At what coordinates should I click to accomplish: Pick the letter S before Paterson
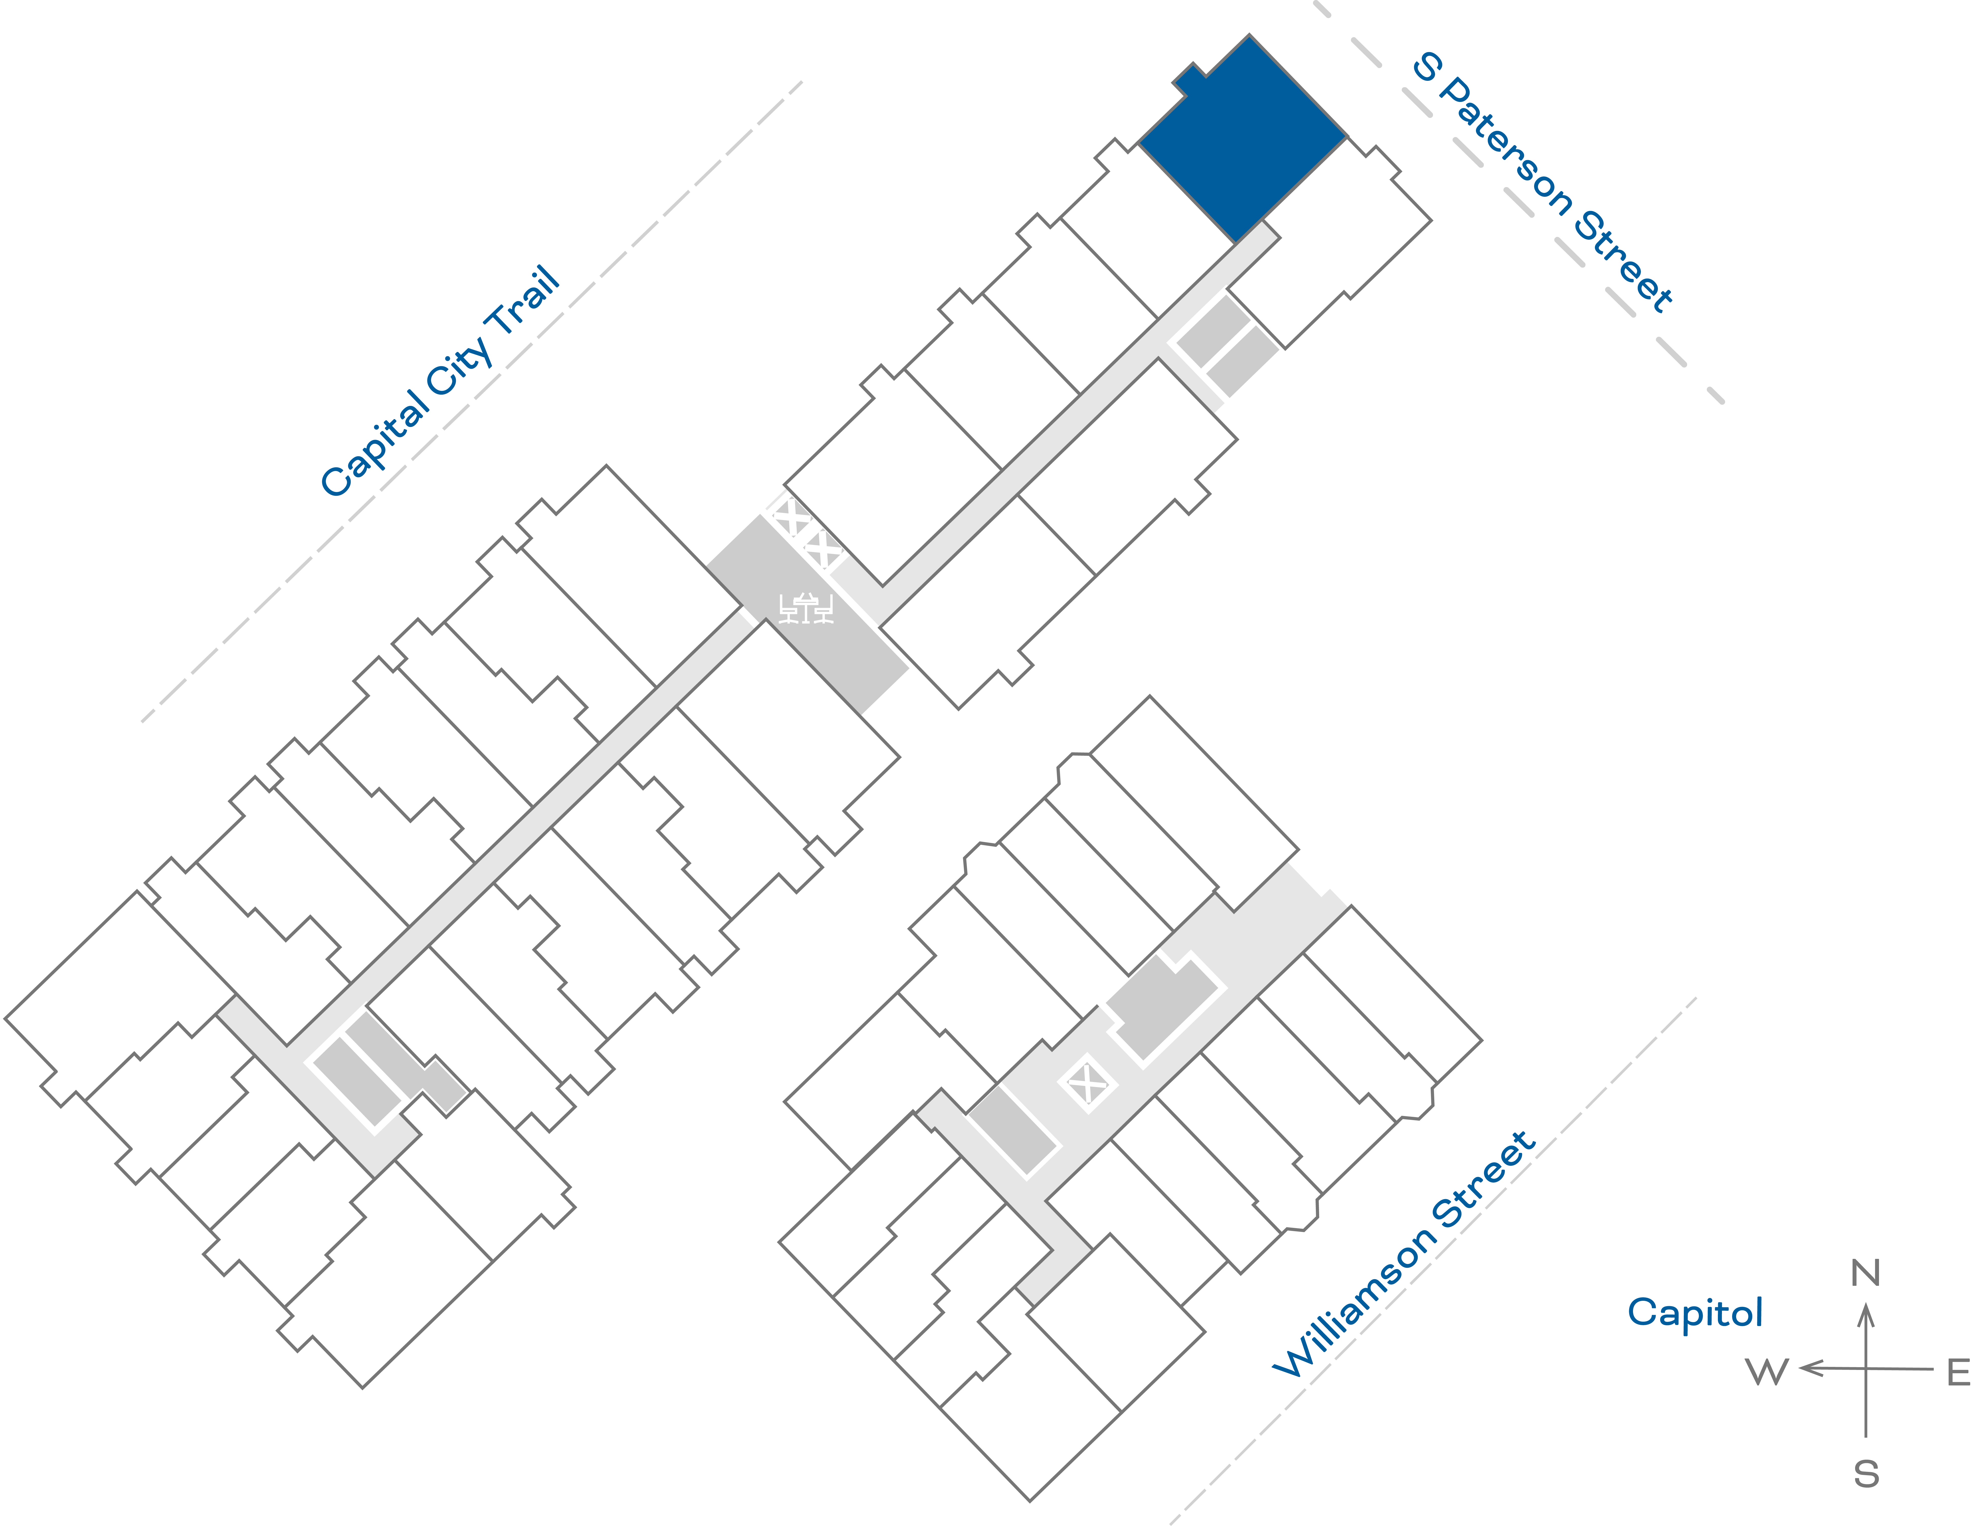1427,66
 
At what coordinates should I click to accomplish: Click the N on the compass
1866,1273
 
